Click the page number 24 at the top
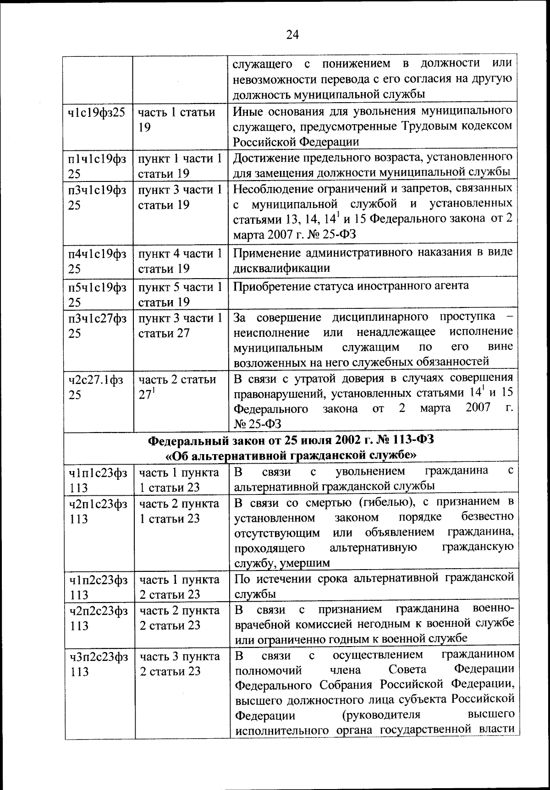tap(292, 35)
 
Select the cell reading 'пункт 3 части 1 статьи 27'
tap(180, 325)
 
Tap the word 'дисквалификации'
tap(281, 268)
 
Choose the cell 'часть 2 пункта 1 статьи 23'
tap(179, 511)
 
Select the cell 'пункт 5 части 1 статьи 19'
tap(180, 294)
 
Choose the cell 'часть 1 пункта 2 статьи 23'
tap(179, 587)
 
